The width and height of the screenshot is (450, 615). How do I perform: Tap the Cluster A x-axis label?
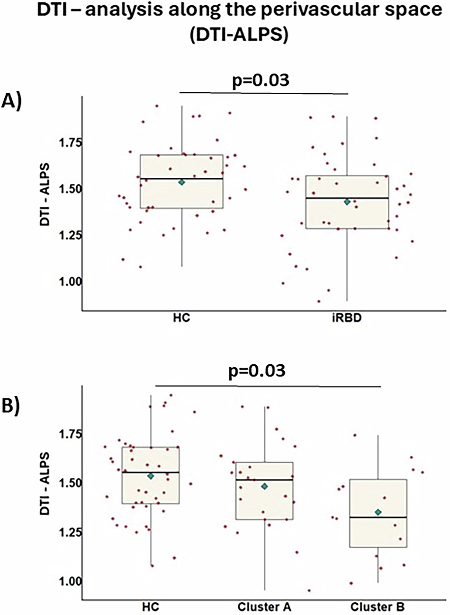(x=264, y=606)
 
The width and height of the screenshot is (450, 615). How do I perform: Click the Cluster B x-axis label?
(x=378, y=606)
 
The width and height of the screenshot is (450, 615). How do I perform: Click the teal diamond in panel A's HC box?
(x=181, y=182)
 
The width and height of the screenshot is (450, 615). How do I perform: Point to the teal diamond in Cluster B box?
(x=378, y=512)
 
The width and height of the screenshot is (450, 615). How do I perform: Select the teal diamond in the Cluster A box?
(x=264, y=486)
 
